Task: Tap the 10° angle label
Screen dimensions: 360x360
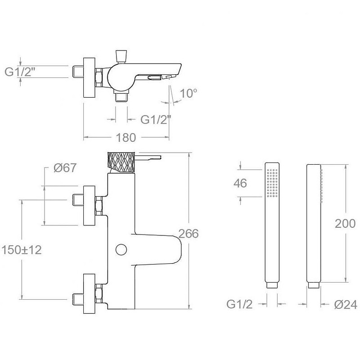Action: pos(189,94)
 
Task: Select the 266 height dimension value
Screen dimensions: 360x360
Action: pos(189,234)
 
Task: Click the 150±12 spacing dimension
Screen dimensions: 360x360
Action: pos(22,250)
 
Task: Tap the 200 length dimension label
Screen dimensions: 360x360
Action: pos(345,224)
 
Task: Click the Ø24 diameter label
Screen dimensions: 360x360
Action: pos(346,305)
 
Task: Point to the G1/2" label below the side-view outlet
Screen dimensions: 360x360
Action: pos(156,119)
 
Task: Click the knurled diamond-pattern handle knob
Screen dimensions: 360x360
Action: pos(121,162)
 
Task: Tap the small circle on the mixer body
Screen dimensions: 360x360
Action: pos(121,249)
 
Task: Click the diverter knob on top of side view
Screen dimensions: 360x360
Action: pos(121,55)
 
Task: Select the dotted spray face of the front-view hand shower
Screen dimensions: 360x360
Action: pos(272,183)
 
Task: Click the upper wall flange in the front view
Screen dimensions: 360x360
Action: pos(90,205)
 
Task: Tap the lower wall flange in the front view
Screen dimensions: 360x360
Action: pos(90,293)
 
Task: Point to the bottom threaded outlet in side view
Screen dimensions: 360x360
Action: pos(121,97)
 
